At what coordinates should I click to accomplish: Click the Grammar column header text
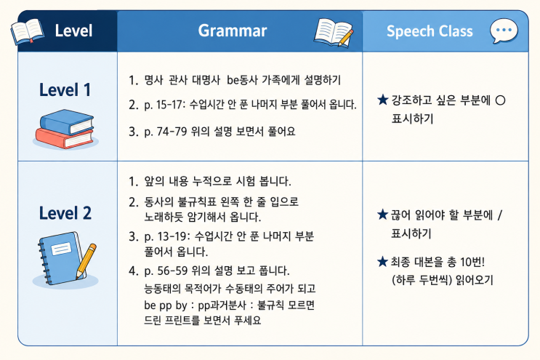[233, 31]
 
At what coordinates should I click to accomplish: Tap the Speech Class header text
[430, 31]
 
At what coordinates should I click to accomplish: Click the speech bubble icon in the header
[504, 31]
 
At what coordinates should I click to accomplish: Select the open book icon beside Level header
[27, 32]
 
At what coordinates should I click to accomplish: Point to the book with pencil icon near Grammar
[334, 32]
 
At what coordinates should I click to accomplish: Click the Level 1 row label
[65, 89]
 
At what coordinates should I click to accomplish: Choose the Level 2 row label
[65, 212]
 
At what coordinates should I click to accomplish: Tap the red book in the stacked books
[65, 138]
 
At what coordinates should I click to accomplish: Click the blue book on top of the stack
[67, 122]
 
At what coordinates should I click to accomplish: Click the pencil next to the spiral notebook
[86, 261]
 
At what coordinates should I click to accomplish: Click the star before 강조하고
[382, 100]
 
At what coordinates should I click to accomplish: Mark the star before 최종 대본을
[382, 262]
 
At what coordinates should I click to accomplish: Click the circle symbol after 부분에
[500, 100]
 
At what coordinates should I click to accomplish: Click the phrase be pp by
[165, 305]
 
